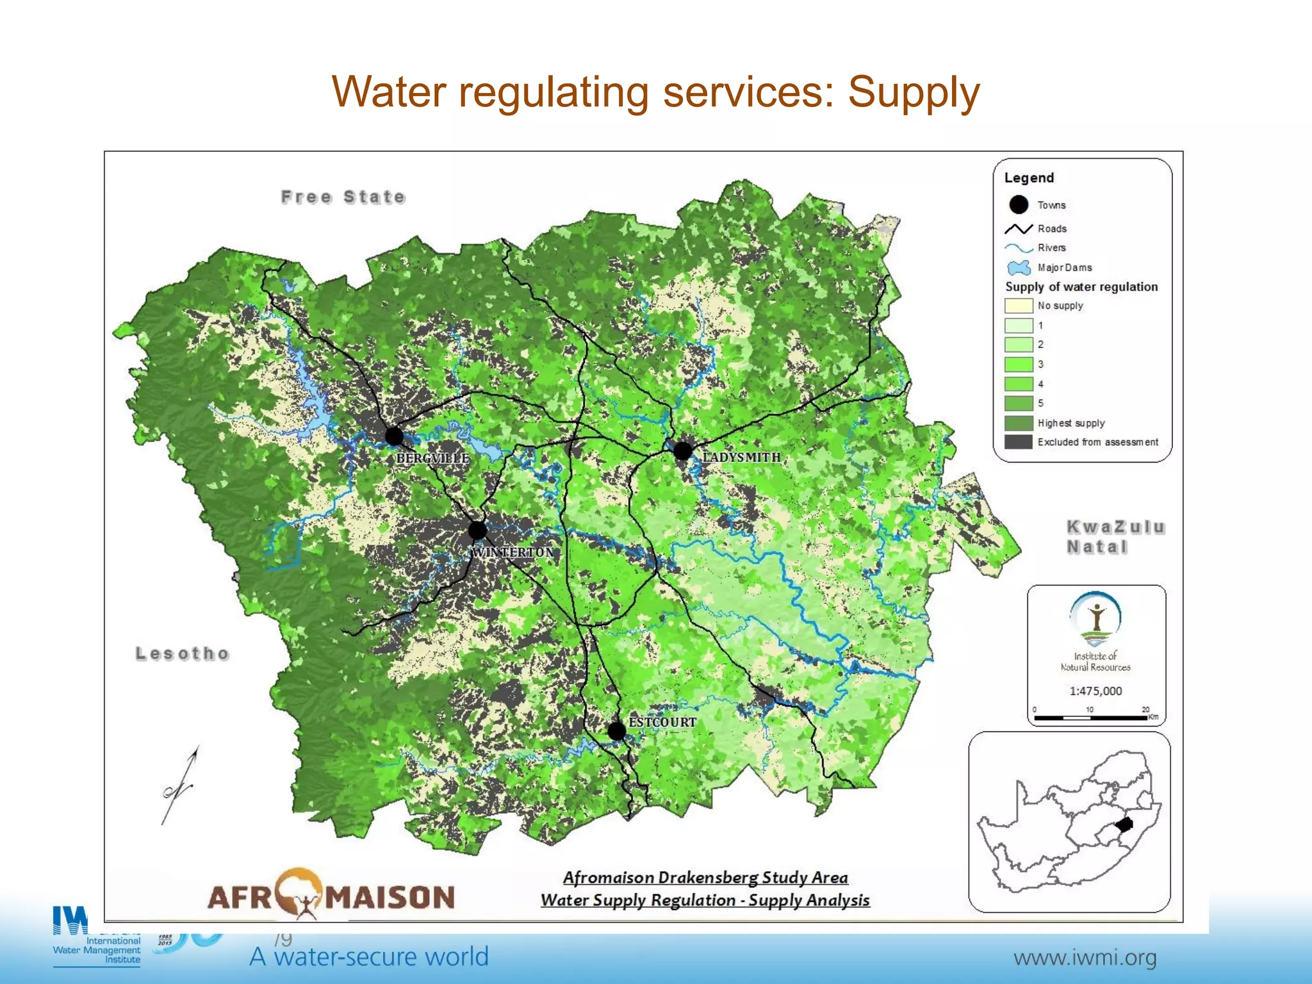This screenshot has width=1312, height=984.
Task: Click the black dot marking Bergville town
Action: [394, 437]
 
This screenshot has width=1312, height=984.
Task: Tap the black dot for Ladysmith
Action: [683, 451]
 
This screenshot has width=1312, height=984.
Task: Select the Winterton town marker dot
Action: [477, 530]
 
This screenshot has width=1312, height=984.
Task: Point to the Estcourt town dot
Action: [616, 730]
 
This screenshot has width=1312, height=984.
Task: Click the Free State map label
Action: [343, 197]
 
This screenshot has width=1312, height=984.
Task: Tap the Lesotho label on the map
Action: [182, 653]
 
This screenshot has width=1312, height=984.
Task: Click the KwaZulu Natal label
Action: [1115, 537]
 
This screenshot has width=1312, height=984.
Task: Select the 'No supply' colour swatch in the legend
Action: [1018, 306]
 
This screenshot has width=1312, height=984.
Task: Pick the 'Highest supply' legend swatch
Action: [1018, 423]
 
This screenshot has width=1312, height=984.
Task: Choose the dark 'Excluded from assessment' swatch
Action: [1018, 442]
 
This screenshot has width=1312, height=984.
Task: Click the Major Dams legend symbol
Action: [1019, 268]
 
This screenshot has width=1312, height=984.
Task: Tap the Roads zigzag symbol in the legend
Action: [1018, 229]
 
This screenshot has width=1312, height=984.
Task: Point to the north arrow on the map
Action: [180, 785]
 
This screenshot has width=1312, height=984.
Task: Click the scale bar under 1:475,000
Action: [1090, 717]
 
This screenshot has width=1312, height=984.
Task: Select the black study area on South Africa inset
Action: [1124, 824]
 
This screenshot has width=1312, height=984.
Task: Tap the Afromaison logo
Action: [331, 895]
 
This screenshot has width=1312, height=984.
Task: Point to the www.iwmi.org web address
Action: [1085, 958]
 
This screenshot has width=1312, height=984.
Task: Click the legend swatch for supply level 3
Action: [1018, 365]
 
